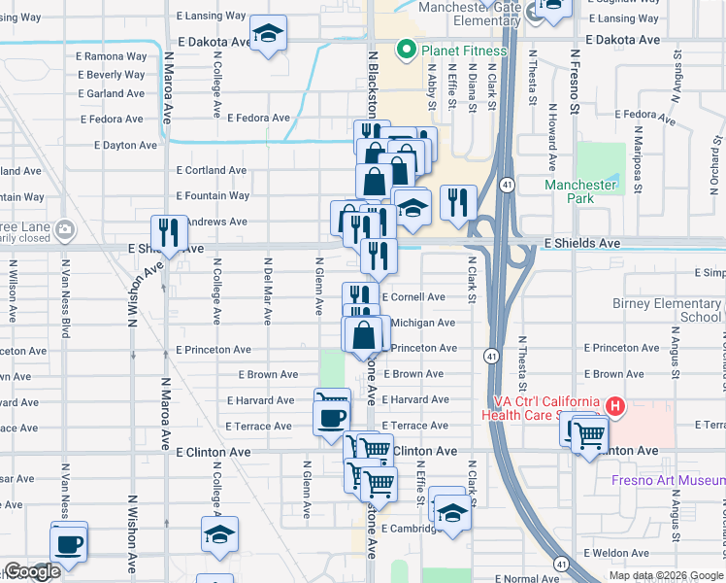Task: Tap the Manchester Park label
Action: (580, 191)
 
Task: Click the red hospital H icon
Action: (613, 406)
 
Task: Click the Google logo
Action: (31, 572)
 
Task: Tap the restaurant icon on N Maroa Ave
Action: (170, 232)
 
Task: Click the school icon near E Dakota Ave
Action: (268, 33)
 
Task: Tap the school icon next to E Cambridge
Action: (452, 512)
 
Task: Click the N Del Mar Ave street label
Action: (267, 287)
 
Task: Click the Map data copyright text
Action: (665, 576)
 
